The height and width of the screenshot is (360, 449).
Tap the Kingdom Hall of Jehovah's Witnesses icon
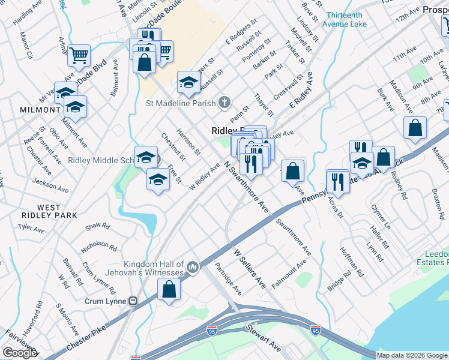[193, 266]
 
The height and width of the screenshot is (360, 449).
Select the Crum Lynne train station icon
[134, 301]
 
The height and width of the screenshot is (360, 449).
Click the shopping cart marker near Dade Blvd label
[79, 56]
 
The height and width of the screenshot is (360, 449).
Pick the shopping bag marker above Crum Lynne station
[170, 289]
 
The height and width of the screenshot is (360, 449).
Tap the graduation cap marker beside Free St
[158, 179]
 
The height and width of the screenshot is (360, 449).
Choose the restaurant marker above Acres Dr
[338, 181]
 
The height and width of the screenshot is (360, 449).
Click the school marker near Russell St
[188, 82]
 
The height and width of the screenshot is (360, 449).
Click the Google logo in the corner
[19, 353]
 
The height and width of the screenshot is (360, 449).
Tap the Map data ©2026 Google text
[412, 355]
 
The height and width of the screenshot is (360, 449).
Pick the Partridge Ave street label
[228, 279]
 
